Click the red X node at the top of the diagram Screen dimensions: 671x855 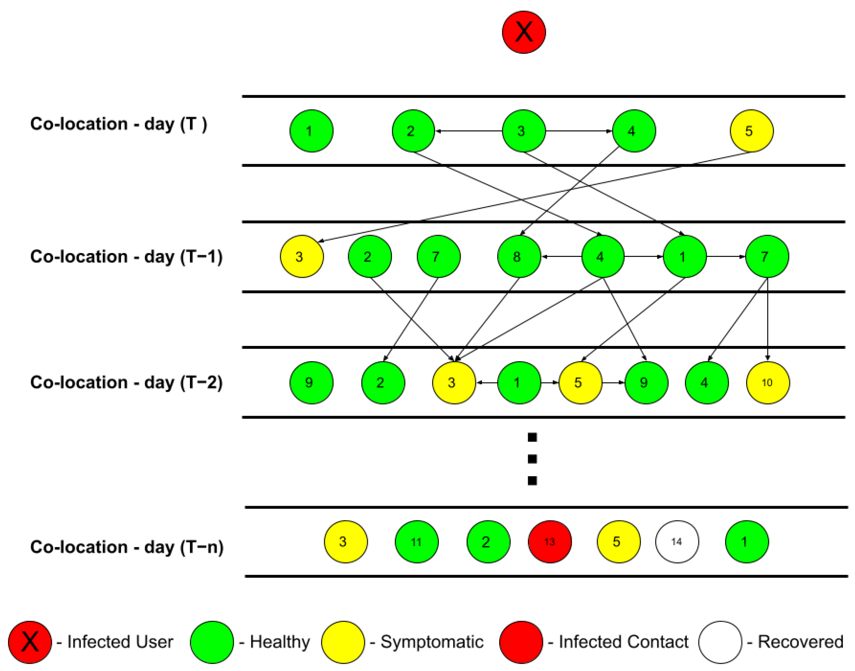coord(524,32)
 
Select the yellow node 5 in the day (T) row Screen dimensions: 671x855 coord(751,131)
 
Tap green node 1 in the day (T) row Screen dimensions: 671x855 coord(311,131)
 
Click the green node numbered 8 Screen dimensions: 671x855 coord(519,257)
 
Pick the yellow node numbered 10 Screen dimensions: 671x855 coord(767,383)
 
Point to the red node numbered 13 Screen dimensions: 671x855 coord(550,542)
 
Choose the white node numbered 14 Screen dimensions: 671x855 coord(677,542)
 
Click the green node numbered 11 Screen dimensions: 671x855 coord(416,542)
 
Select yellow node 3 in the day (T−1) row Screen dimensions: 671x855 coord(301,257)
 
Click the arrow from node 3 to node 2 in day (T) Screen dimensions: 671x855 coord(469,131)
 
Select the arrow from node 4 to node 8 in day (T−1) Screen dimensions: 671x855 coord(561,257)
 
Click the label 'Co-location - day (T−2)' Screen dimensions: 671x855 coord(126,382)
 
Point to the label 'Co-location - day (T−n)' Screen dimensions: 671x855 coord(127,547)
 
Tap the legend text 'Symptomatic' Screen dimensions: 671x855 coord(432,642)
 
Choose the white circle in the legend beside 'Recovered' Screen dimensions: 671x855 coord(720,642)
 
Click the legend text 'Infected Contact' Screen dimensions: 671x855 coord(623,642)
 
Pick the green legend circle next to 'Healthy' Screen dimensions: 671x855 coord(212,642)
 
